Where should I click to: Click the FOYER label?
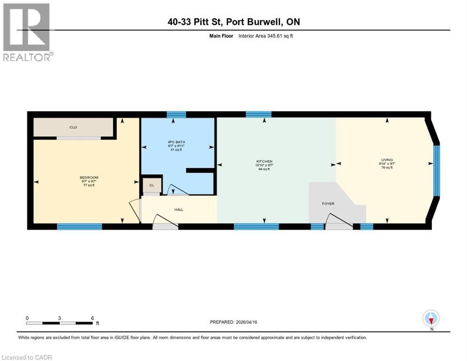coord(328,204)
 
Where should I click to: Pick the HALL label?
coord(179,209)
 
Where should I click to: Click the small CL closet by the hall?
coord(152,185)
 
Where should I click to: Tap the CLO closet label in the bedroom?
coord(73,127)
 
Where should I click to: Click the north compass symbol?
coord(431,318)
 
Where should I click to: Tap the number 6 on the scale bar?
coord(93,318)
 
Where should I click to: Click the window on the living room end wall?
coord(436,170)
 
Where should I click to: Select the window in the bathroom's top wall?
coord(176,114)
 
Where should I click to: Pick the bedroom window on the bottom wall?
coord(79,227)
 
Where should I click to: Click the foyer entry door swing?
coord(339,221)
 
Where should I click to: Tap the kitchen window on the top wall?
coord(258,114)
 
